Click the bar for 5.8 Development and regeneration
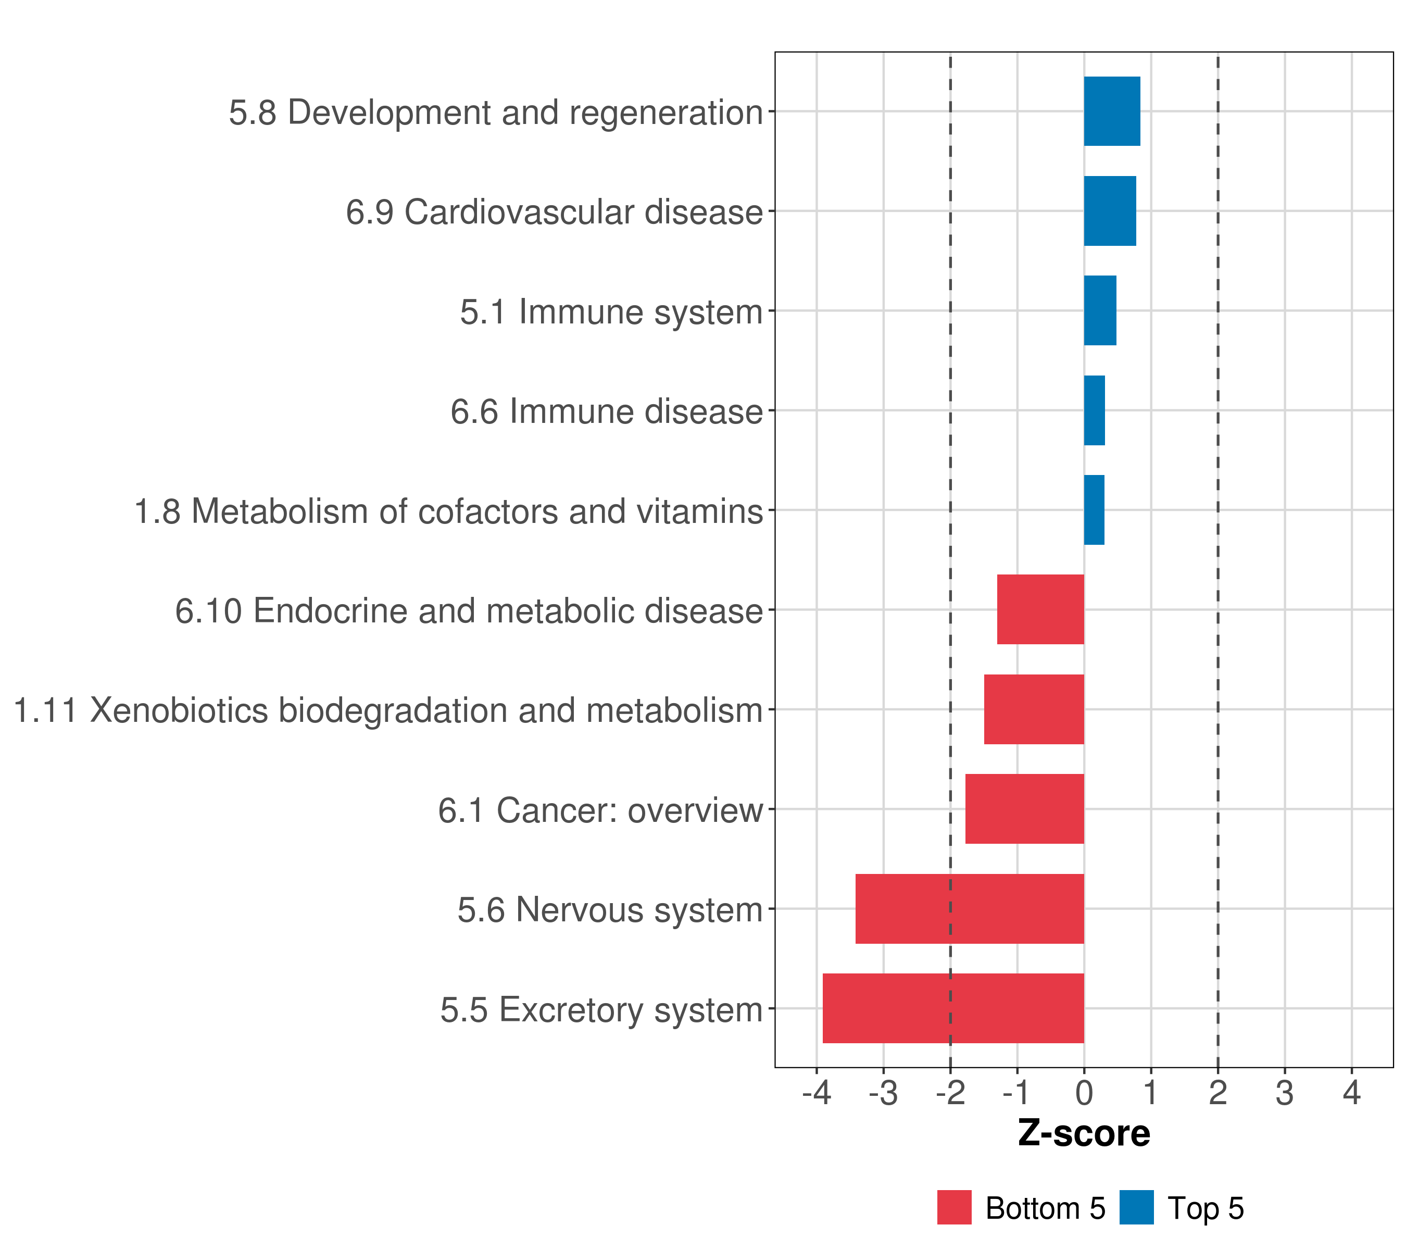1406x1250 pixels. click(1112, 111)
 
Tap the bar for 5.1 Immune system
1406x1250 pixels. click(1100, 310)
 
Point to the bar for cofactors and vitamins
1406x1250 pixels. click(1094, 510)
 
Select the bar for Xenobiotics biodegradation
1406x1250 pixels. click(1034, 709)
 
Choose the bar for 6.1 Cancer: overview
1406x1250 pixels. click(1024, 809)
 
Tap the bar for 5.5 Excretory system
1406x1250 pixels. click(953, 1008)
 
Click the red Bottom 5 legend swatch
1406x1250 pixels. click(954, 1208)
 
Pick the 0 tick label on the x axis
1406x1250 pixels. click(1084, 1093)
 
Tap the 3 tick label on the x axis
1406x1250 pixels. click(1284, 1093)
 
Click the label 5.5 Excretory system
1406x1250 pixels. click(601, 1010)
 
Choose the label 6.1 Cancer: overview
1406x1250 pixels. click(600, 810)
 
